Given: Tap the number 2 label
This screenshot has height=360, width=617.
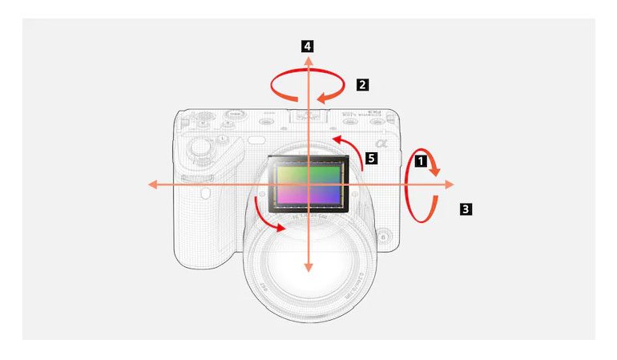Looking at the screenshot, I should [363, 83].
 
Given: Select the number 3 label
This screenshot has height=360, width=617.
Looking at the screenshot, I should [466, 210].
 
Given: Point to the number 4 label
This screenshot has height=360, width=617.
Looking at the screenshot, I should [308, 47].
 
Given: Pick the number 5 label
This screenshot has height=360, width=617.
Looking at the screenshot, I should [370, 158].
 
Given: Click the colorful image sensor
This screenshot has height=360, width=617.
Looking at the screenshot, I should [308, 184].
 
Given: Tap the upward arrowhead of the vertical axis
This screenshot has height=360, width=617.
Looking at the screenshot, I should [308, 60].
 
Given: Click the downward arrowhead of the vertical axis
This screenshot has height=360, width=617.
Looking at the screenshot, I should [308, 270].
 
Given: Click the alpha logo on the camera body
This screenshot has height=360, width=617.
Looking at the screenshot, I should [381, 142].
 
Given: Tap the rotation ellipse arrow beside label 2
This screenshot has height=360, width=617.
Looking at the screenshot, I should [308, 86].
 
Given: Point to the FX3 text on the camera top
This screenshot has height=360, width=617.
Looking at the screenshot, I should [371, 111].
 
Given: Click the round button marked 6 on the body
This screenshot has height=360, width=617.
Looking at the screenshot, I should [385, 237].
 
